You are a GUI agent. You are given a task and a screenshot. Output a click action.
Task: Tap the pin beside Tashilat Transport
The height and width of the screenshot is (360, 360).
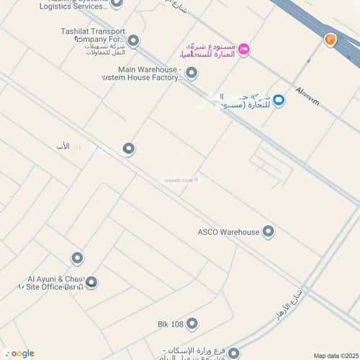pos(133,40)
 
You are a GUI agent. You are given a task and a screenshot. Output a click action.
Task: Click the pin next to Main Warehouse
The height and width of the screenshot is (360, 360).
pos(192,72)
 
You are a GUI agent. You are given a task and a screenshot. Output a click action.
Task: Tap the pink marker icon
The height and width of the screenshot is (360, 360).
pos(244,48)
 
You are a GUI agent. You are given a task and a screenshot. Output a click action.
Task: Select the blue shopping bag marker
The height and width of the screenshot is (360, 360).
pos(279,101)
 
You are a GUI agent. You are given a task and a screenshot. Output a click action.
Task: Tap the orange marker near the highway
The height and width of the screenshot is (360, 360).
pos(330,40)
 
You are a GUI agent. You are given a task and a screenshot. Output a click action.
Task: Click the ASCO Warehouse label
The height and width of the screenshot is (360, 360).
pos(228,232)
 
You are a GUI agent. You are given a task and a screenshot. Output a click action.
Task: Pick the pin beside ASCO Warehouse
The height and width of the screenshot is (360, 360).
pos(269,232)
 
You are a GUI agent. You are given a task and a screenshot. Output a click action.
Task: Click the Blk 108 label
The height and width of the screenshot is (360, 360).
pos(171,324)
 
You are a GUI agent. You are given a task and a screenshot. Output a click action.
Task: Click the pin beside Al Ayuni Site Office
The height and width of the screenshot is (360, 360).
pos(91,282)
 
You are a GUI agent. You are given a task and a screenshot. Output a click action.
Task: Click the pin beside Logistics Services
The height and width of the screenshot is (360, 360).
pos(117,4)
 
